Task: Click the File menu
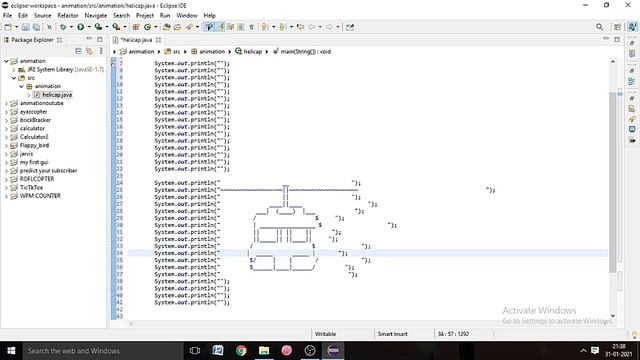click(8, 16)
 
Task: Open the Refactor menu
click(68, 16)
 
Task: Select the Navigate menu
click(96, 16)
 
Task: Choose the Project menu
click(144, 16)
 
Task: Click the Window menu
click(186, 16)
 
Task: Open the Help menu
click(209, 16)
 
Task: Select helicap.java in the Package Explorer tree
click(58, 94)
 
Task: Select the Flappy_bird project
click(36, 145)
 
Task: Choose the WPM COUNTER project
click(40, 196)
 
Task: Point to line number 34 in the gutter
click(119, 254)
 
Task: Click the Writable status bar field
click(325, 333)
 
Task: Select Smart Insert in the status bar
click(391, 333)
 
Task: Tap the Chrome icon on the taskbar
click(242, 351)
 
